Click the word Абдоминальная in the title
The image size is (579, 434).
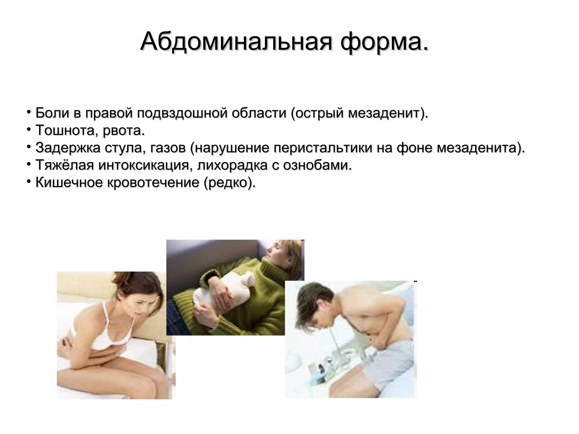point(236,42)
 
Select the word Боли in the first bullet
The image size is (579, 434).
point(52,113)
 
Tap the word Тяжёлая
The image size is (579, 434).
point(64,166)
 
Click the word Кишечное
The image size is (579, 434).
point(69,183)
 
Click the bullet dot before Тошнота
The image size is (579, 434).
point(29,129)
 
